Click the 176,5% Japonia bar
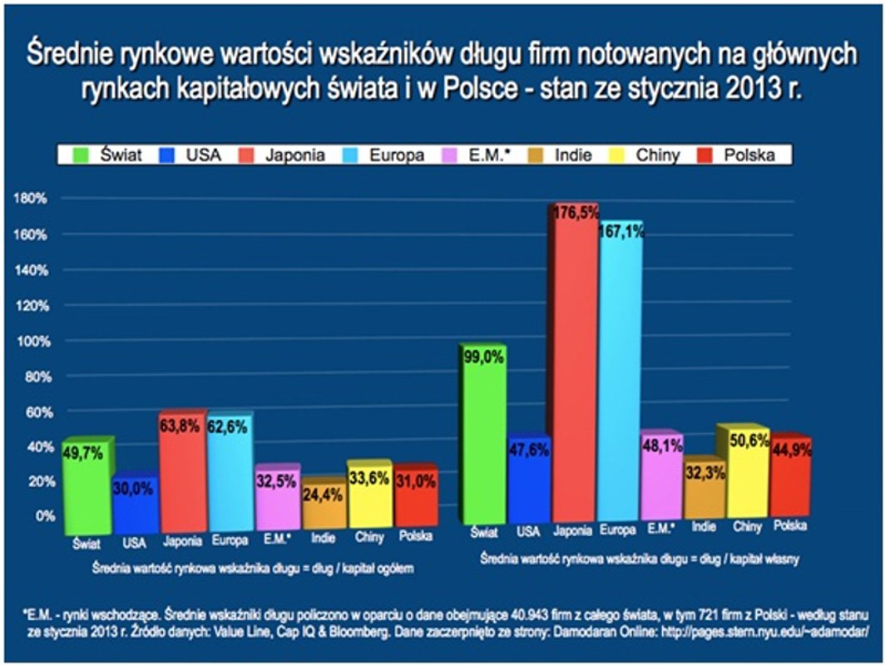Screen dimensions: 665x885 574,366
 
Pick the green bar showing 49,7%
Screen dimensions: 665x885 87,486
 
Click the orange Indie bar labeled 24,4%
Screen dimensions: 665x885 324,503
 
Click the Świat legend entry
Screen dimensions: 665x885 113,155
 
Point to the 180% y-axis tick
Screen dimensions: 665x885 30,199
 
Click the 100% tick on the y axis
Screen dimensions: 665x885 30,341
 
